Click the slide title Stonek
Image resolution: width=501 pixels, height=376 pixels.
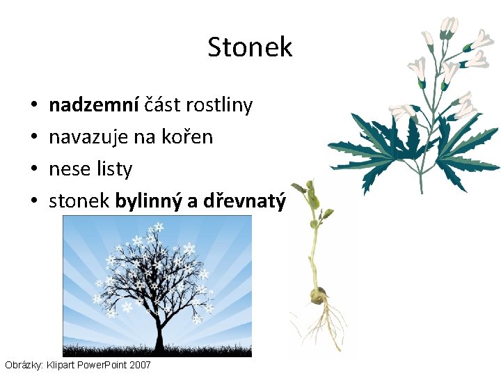pyautogui.click(x=250, y=47)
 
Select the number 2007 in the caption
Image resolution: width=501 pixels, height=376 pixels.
pyautogui.click(x=138, y=365)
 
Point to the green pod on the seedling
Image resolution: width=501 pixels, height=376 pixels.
pyautogui.click(x=314, y=201)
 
